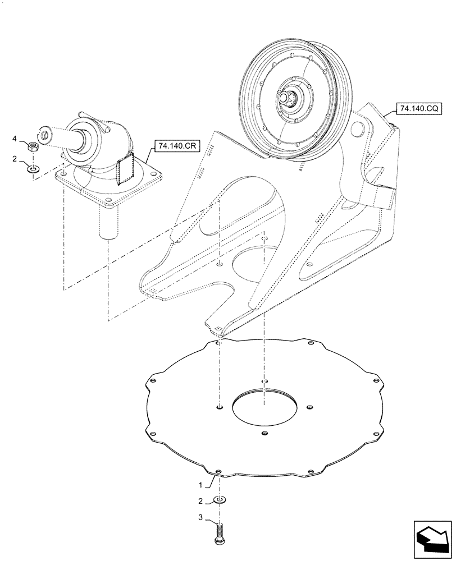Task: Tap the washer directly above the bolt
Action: pos(220,500)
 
